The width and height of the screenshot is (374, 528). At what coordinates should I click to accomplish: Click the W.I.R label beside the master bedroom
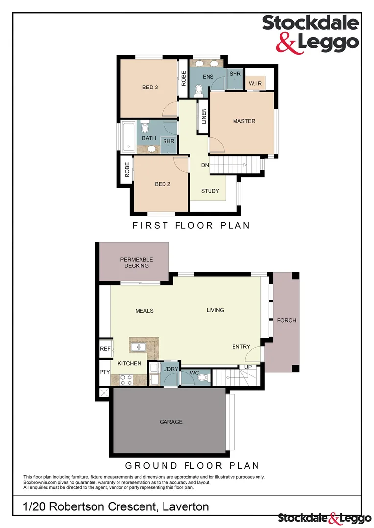pyautogui.click(x=255, y=84)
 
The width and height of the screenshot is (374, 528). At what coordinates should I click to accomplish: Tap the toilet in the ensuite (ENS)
pyautogui.click(x=199, y=90)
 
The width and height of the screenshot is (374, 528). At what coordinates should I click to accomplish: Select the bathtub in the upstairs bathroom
pyautogui.click(x=128, y=136)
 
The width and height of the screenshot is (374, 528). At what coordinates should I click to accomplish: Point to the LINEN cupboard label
pyautogui.click(x=204, y=116)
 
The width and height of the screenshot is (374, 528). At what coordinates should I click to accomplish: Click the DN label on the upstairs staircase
pyautogui.click(x=205, y=165)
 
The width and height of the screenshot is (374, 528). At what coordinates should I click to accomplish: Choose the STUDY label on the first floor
pyautogui.click(x=210, y=191)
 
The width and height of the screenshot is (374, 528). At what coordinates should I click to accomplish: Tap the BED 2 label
pyautogui.click(x=162, y=184)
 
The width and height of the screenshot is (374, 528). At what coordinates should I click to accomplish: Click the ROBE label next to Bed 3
pyautogui.click(x=184, y=79)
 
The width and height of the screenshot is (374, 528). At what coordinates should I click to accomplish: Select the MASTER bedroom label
pyautogui.click(x=244, y=121)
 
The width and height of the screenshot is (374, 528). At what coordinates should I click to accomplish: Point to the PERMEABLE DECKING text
pyautogui.click(x=137, y=263)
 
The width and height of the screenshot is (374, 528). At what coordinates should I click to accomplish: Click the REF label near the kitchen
pyautogui.click(x=105, y=349)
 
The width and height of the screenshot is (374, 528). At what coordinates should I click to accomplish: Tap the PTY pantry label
pyautogui.click(x=105, y=372)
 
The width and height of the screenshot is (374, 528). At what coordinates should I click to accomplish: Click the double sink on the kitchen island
pyautogui.click(x=138, y=347)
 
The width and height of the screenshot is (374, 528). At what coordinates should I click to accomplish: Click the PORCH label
pyautogui.click(x=286, y=321)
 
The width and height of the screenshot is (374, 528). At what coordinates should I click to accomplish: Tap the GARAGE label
pyautogui.click(x=171, y=422)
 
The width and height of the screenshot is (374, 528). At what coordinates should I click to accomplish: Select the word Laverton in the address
pyautogui.click(x=184, y=507)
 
